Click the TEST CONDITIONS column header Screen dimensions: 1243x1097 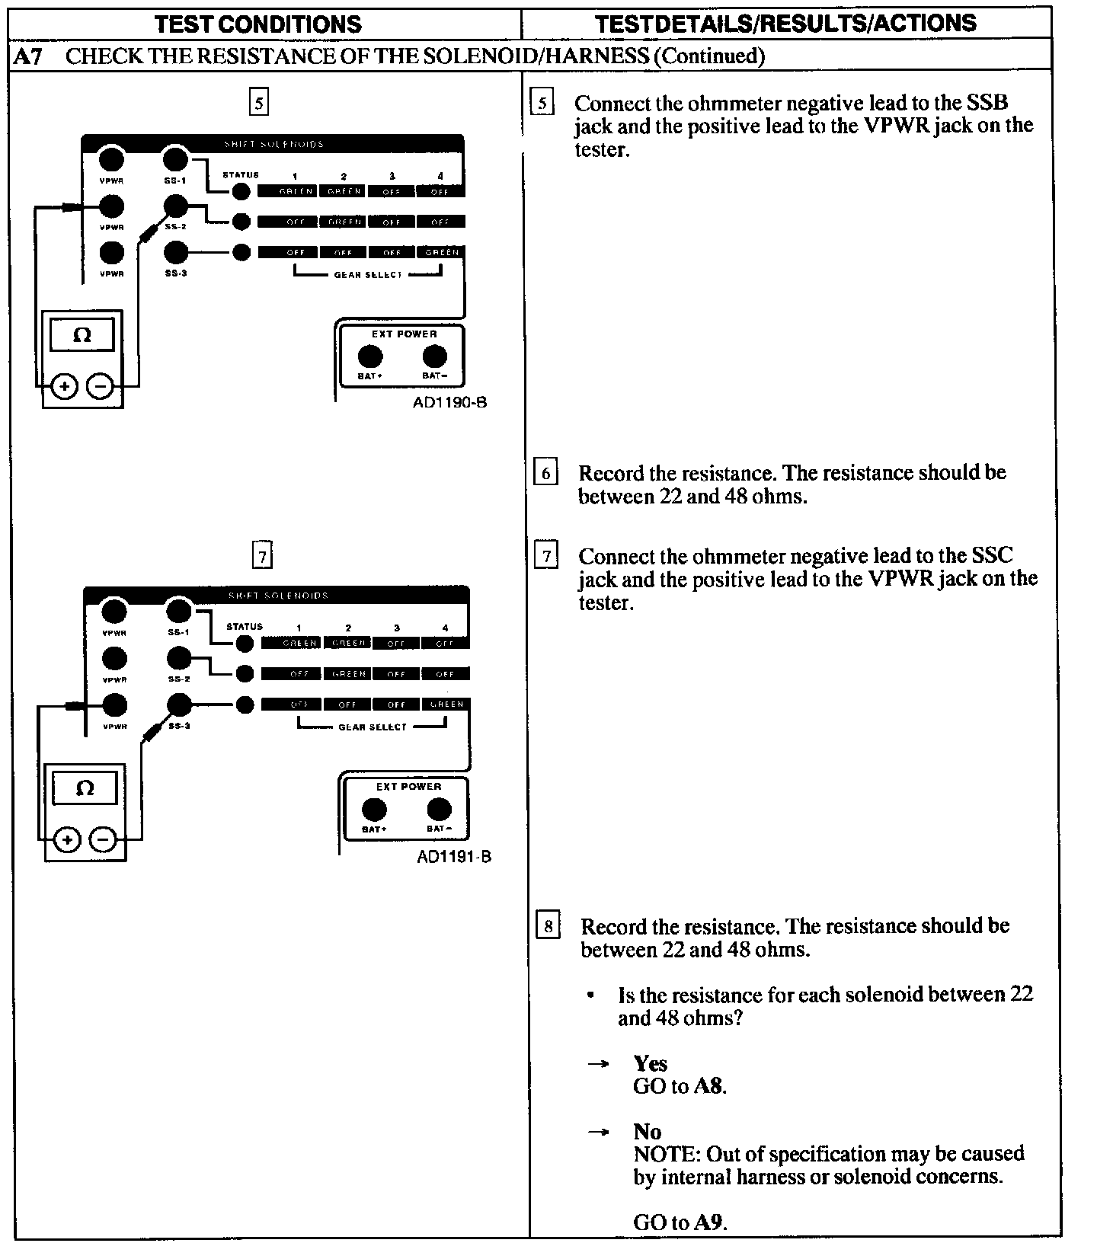(x=258, y=24)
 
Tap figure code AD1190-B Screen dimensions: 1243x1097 (x=449, y=402)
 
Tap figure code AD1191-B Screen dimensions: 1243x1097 (x=454, y=856)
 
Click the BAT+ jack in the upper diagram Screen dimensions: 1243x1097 (x=370, y=356)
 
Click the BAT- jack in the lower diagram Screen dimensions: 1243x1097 (x=439, y=809)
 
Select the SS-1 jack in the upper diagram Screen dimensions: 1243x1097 (x=175, y=159)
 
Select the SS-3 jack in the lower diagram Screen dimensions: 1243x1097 (x=179, y=705)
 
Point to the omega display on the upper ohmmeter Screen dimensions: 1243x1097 (x=82, y=335)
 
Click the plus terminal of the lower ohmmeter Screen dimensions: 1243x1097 (x=68, y=840)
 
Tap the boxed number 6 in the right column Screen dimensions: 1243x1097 (x=545, y=473)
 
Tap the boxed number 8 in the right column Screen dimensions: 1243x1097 (x=548, y=926)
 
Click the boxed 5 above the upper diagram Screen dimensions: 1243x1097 (x=259, y=102)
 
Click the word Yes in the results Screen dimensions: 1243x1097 (x=650, y=1063)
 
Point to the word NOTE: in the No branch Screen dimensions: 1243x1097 (x=659, y=1154)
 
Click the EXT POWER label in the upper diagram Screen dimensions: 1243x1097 (x=404, y=334)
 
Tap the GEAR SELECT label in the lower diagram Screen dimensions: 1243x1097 (x=373, y=727)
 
